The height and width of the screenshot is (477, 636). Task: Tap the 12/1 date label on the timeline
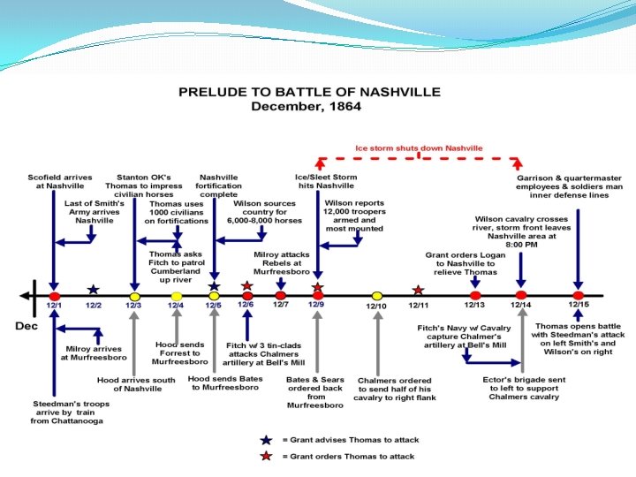pyautogui.click(x=54, y=306)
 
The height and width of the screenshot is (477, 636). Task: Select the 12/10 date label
pyautogui.click(x=376, y=307)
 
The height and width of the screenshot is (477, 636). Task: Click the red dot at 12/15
pyautogui.click(x=578, y=295)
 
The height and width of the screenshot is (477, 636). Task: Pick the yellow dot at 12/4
pyautogui.click(x=177, y=295)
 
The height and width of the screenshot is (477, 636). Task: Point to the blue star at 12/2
pyautogui.click(x=94, y=290)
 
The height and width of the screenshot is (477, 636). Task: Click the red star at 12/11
pyautogui.click(x=418, y=290)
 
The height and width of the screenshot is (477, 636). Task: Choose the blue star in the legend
pyautogui.click(x=266, y=439)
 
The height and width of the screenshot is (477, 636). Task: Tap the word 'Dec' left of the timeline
pyautogui.click(x=26, y=325)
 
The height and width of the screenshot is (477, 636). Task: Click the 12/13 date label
pyautogui.click(x=474, y=306)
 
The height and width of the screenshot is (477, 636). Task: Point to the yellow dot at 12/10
pyautogui.click(x=377, y=295)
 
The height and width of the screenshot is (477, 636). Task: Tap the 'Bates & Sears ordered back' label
pyautogui.click(x=314, y=391)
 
